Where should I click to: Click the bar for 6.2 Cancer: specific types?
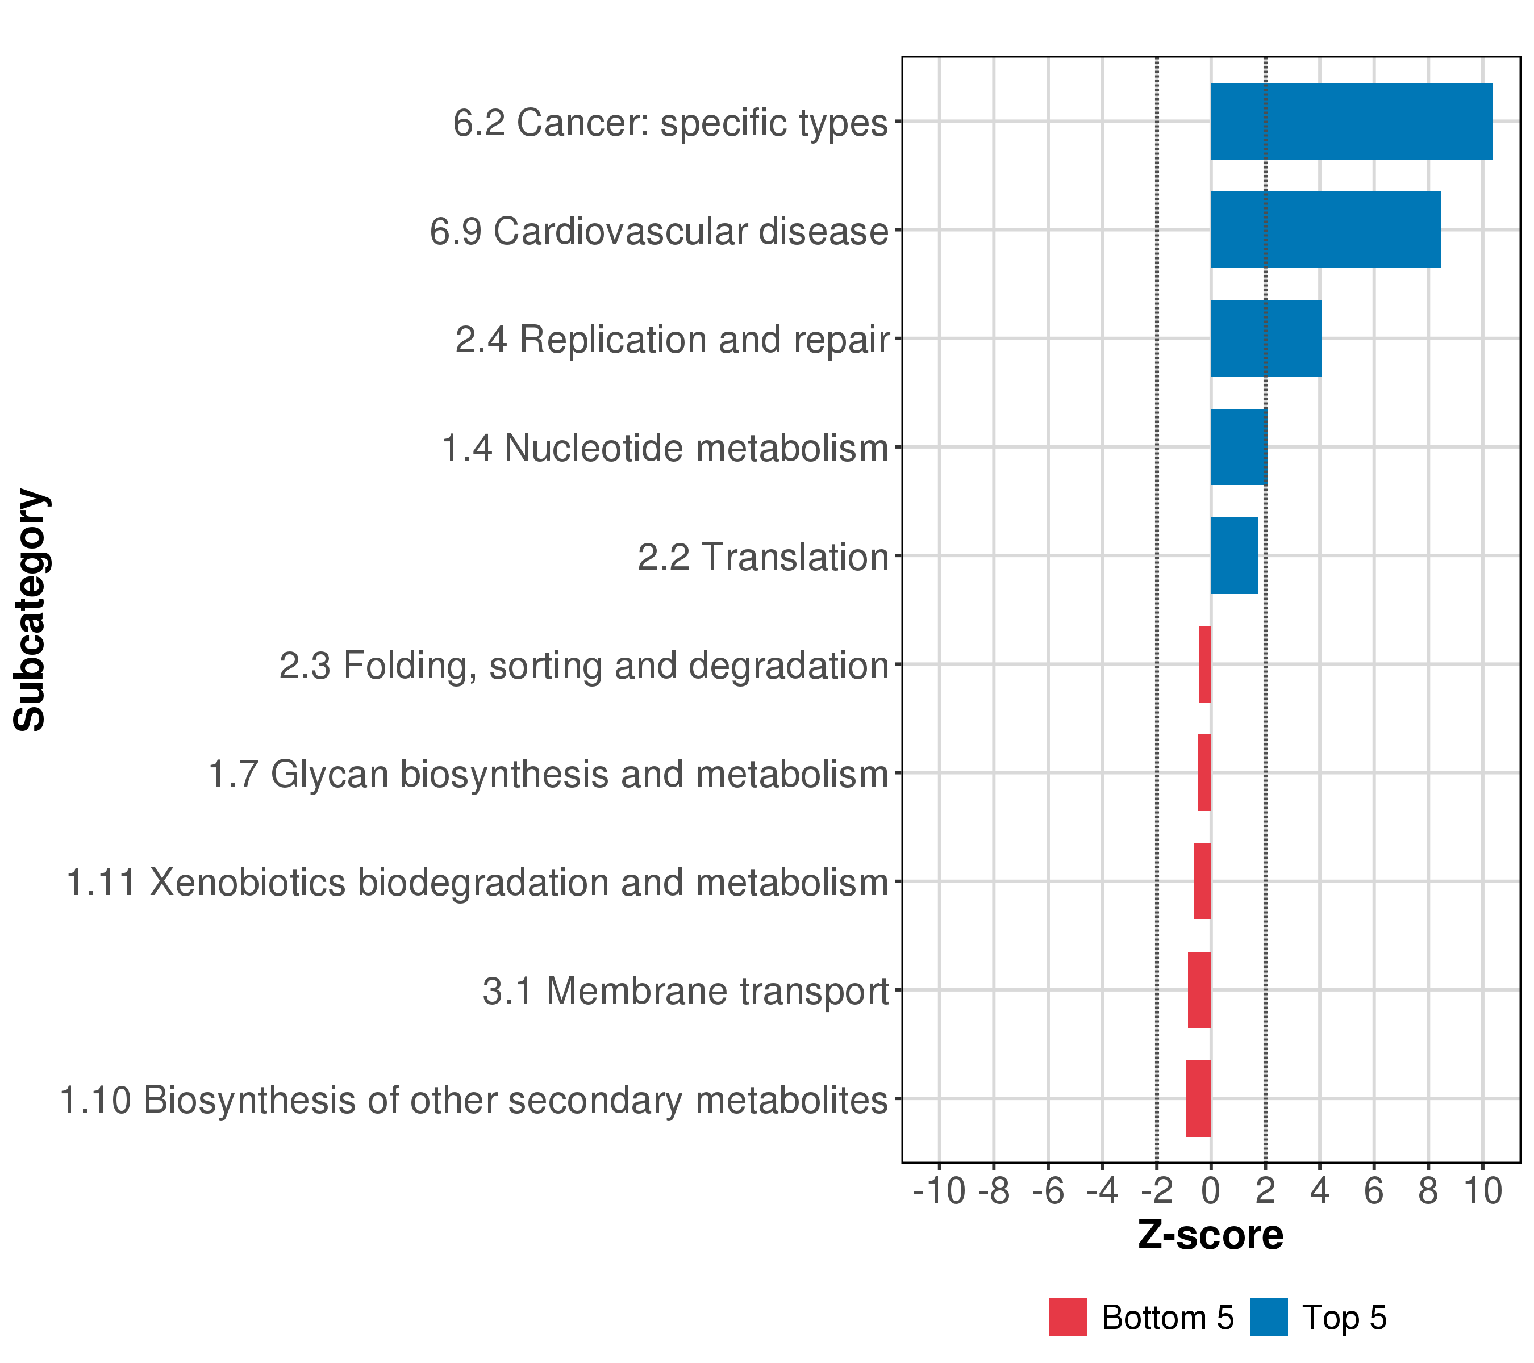(1351, 121)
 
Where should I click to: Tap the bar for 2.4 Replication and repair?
(1265, 338)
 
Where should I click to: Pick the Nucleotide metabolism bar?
(1239, 447)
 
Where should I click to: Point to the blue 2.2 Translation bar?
(1234, 556)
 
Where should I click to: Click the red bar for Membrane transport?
(1199, 990)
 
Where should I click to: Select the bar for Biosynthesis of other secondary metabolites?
(1199, 1099)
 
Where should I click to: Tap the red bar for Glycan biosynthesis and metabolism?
(1204, 772)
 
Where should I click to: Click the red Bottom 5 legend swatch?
(1067, 1317)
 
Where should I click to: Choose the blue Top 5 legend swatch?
(1268, 1317)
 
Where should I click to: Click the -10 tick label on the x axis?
(939, 1191)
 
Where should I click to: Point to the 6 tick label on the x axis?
(1373, 1191)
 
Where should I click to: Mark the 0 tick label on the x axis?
(1211, 1191)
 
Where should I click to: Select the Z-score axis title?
(1211, 1235)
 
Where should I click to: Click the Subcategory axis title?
(31, 610)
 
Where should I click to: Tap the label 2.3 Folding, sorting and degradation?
(584, 666)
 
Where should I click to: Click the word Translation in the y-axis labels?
(795, 557)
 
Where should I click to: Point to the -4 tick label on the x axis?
(1102, 1191)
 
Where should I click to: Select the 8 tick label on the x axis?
(1428, 1191)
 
